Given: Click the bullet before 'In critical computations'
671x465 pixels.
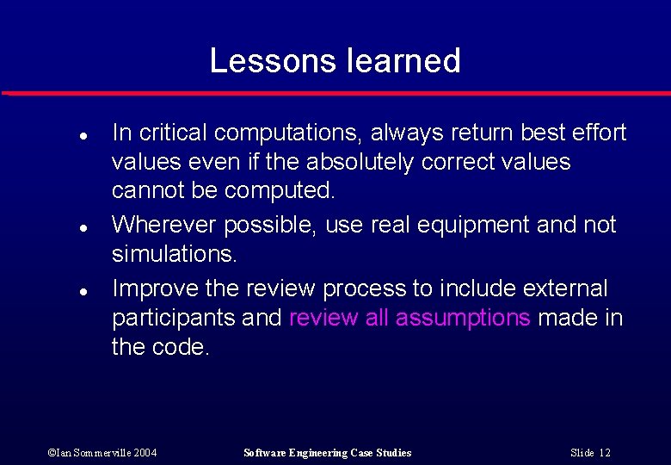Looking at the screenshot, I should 57,136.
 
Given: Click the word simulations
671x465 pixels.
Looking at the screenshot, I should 174,255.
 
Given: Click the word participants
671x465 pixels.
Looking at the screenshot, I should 173,318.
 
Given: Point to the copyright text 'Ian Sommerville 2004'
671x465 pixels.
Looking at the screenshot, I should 102,453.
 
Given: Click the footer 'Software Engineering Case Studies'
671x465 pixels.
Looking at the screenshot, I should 328,453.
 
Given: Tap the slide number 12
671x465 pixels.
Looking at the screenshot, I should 590,453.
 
